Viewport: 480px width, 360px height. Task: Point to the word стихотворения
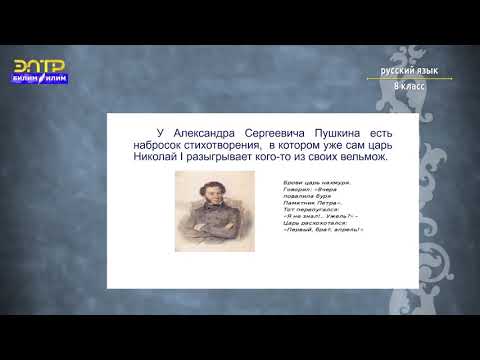point(218,144)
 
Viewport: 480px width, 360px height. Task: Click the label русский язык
point(409,72)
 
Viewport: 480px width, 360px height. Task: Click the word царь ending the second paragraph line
point(376,144)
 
